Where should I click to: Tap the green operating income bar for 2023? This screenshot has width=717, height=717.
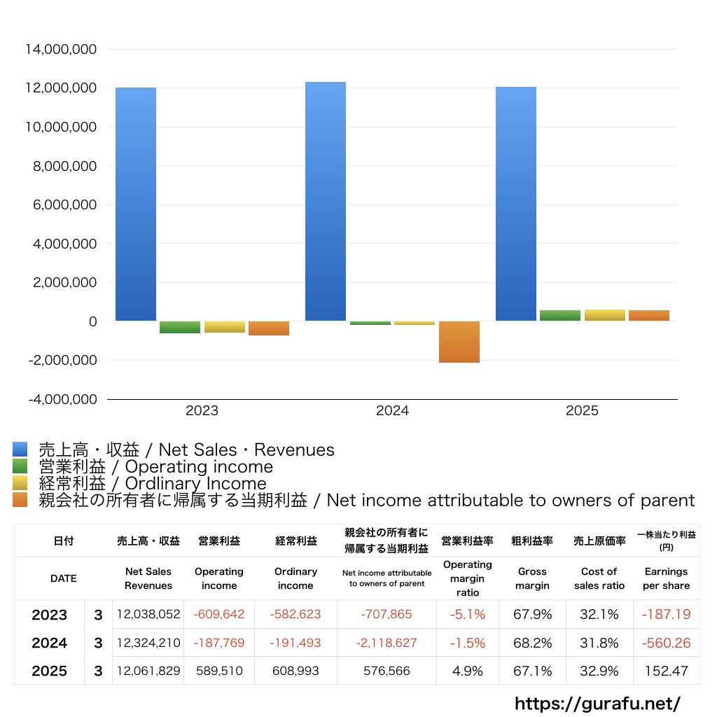click(x=180, y=327)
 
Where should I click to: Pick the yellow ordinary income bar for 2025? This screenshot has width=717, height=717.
click(x=604, y=315)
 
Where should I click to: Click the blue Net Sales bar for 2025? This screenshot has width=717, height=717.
click(x=516, y=204)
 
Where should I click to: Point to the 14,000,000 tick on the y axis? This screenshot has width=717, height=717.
click(x=60, y=50)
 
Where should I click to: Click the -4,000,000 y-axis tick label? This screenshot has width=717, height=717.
click(x=60, y=399)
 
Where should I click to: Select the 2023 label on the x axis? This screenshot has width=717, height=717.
click(x=202, y=411)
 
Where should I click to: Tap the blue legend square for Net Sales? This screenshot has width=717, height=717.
click(x=20, y=450)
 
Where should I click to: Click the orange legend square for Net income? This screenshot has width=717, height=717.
click(x=20, y=500)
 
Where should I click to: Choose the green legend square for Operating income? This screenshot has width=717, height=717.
click(x=20, y=466)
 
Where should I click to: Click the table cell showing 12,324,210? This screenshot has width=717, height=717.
click(x=148, y=643)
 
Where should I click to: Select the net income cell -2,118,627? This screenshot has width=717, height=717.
click(x=387, y=643)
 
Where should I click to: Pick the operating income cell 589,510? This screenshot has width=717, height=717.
click(x=219, y=671)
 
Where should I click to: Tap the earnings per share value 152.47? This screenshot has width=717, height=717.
click(x=666, y=671)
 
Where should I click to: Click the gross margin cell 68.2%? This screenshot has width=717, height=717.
click(x=532, y=643)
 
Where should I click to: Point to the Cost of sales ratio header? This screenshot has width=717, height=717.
click(x=599, y=578)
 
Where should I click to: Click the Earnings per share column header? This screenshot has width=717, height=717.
click(x=666, y=578)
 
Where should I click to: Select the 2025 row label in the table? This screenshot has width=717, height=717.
click(x=50, y=671)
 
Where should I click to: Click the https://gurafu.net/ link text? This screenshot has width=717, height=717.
click(x=597, y=703)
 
